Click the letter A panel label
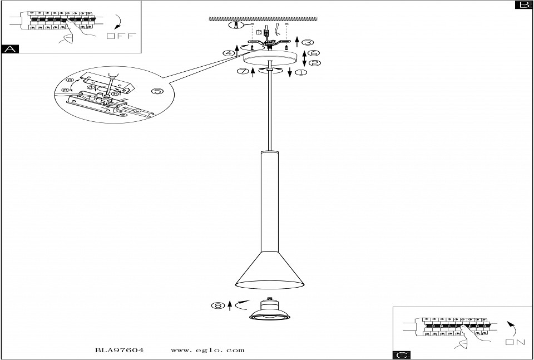9,49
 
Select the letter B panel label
523,5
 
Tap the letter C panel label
401,355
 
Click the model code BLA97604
120,351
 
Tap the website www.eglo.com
207,351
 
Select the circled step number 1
301,72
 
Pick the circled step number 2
315,63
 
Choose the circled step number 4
228,53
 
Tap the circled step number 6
315,53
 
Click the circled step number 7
241,71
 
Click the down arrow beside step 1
290,73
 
